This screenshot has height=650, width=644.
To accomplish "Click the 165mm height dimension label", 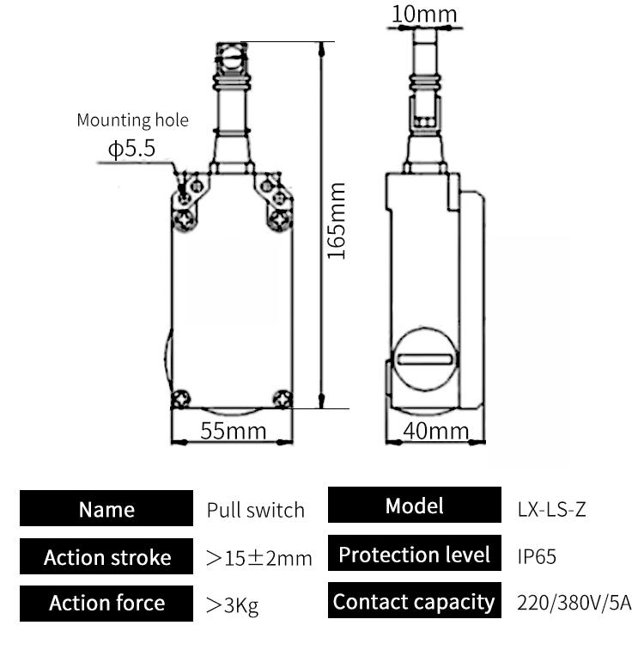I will [x=337, y=221].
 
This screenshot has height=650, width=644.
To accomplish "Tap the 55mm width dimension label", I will [x=233, y=431].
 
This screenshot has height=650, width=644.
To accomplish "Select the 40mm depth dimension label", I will [x=436, y=431].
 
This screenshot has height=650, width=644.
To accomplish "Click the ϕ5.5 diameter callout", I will [x=131, y=149].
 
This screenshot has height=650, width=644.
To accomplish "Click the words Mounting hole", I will [x=132, y=120].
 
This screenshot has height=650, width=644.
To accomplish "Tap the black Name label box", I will [x=106, y=509].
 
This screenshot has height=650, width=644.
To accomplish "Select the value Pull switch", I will [x=255, y=510].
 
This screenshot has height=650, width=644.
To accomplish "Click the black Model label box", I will [x=415, y=506].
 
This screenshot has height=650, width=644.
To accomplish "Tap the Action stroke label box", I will [x=106, y=556].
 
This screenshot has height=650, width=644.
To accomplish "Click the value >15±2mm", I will [x=259, y=558].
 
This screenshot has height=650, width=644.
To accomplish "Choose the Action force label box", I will [x=106, y=603].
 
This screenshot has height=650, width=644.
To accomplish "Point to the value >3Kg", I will [x=232, y=604].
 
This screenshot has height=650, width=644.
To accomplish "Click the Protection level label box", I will [x=415, y=555].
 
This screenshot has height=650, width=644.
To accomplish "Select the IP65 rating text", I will [x=537, y=556].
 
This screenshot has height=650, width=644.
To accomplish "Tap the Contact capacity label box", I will [x=415, y=601].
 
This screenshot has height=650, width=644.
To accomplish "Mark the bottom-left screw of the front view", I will [x=181, y=398].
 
